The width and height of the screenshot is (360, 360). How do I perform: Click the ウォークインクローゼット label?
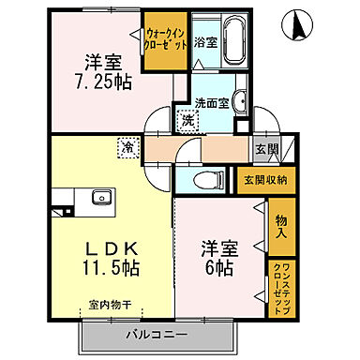pyautogui.click(x=166, y=39)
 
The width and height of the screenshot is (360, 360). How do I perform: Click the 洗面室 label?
pyautogui.click(x=209, y=103)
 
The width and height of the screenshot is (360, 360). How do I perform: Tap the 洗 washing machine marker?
pyautogui.click(x=187, y=120)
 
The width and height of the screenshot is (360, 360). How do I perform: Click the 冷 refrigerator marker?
pyautogui.click(x=126, y=146)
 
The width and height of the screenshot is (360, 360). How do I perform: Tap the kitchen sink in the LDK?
pyautogui.click(x=98, y=198)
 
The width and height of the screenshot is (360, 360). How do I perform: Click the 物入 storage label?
pyautogui.click(x=281, y=227)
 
